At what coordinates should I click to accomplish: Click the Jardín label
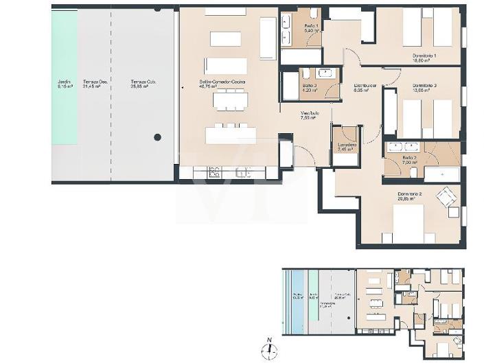pyautogui.click(x=64, y=84)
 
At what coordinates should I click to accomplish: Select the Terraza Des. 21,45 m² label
pyautogui.click(x=92, y=84)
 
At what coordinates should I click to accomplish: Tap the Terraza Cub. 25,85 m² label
pyautogui.click(x=144, y=84)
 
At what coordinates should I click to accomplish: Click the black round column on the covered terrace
pyautogui.click(x=158, y=137)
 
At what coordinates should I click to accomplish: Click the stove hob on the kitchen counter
pyautogui.click(x=213, y=173)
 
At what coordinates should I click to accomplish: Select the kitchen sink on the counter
pyautogui.click(x=242, y=173)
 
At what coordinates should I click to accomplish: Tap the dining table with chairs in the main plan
pyautogui.click(x=230, y=100)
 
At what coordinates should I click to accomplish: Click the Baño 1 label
pyautogui.click(x=310, y=28)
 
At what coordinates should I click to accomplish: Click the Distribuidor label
pyautogui.click(x=364, y=86)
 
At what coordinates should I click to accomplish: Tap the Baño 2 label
pyautogui.click(x=409, y=160)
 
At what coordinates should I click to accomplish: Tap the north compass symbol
pyautogui.click(x=270, y=349)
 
